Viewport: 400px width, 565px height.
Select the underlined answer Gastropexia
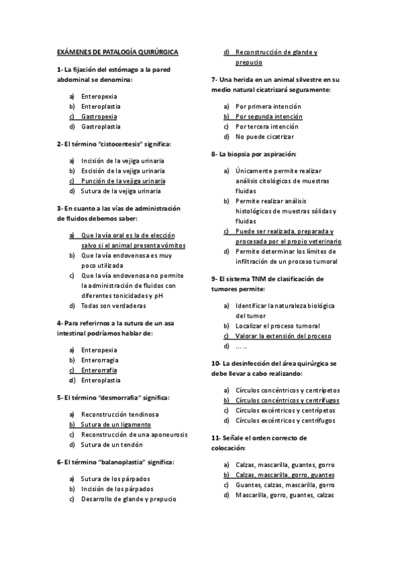point(99,116)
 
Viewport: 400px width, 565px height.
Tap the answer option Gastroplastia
point(101,127)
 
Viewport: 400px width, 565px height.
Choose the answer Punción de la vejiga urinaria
point(123,180)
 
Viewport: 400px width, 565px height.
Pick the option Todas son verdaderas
point(113,306)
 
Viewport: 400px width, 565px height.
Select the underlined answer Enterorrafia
point(99,370)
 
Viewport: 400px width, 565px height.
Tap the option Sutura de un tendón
point(111,444)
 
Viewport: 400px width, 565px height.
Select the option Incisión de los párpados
point(117,488)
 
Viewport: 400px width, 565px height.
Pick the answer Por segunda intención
point(269,116)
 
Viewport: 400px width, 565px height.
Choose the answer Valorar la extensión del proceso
point(283,336)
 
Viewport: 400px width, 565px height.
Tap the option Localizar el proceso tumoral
point(277,326)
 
